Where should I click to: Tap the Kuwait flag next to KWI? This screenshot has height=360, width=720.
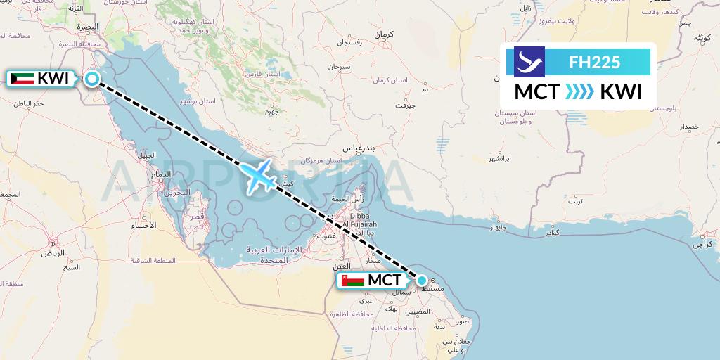22,79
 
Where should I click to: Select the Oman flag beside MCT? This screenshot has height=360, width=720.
353,281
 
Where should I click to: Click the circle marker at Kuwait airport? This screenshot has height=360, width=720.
92,79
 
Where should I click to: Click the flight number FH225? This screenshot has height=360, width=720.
594,62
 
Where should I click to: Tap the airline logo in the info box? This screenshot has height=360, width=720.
529,62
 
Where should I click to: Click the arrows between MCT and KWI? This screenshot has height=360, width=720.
579,92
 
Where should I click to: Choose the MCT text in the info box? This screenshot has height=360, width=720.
537,92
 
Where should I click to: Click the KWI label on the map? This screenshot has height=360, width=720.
53,79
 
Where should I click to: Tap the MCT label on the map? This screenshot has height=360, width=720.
385,281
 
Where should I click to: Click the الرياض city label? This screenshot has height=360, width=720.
51,252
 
